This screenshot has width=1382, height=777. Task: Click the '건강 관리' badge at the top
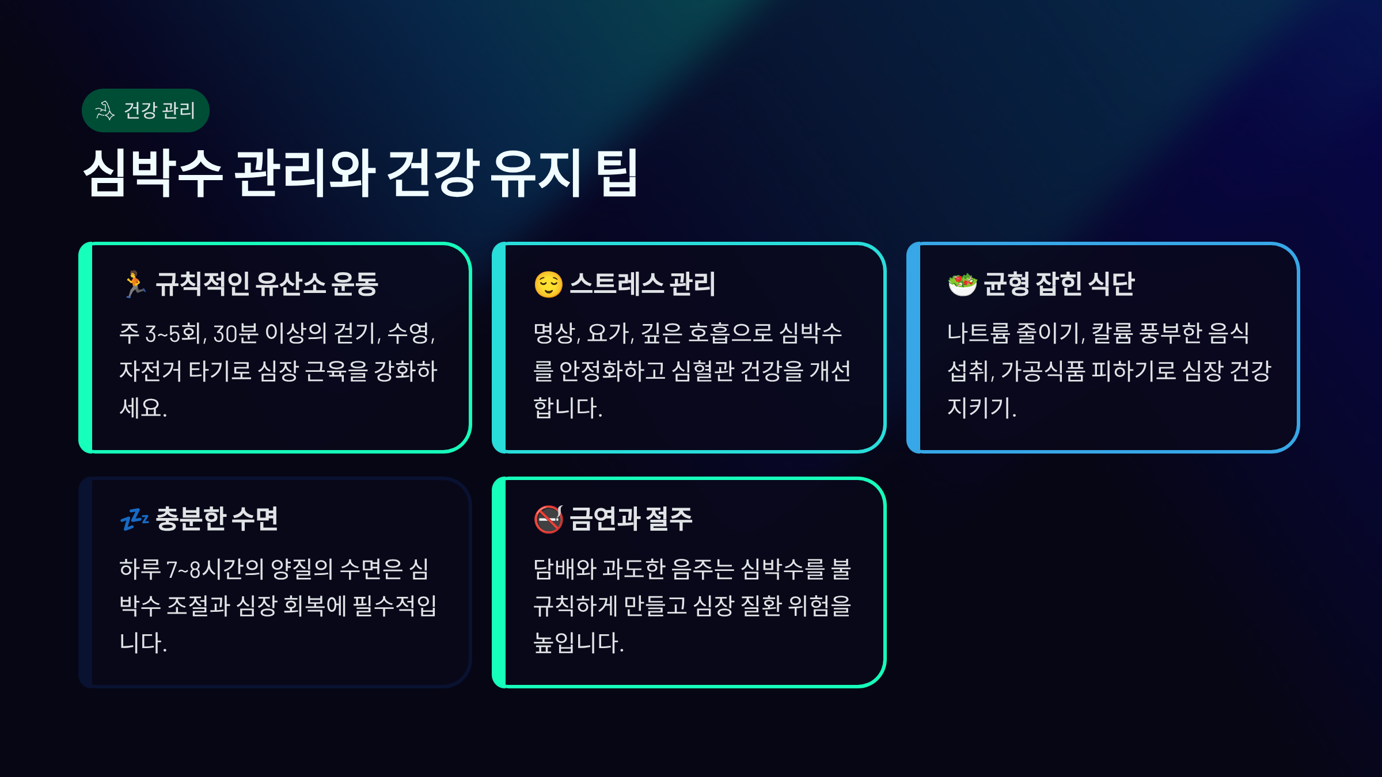coord(146,111)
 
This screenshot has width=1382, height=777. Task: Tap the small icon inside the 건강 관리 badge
coord(105,111)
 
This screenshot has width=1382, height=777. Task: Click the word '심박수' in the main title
coord(153,173)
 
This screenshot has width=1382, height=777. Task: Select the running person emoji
coord(135,284)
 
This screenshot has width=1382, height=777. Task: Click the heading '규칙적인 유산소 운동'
coord(267,284)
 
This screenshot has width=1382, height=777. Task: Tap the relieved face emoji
coord(548,284)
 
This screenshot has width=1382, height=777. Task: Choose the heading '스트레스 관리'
coord(643,284)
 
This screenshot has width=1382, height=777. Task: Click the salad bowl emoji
coord(962,284)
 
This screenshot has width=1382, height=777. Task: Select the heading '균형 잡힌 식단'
coord(1059,284)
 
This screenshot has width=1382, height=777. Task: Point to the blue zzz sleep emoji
coord(135,519)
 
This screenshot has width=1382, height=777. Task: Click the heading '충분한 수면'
coord(217,519)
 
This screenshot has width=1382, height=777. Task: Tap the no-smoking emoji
coord(548,519)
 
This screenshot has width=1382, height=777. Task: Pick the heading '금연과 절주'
coord(631,519)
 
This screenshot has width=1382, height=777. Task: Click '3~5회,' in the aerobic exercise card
coord(176,334)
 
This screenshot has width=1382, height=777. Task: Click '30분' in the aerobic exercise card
coord(236,334)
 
